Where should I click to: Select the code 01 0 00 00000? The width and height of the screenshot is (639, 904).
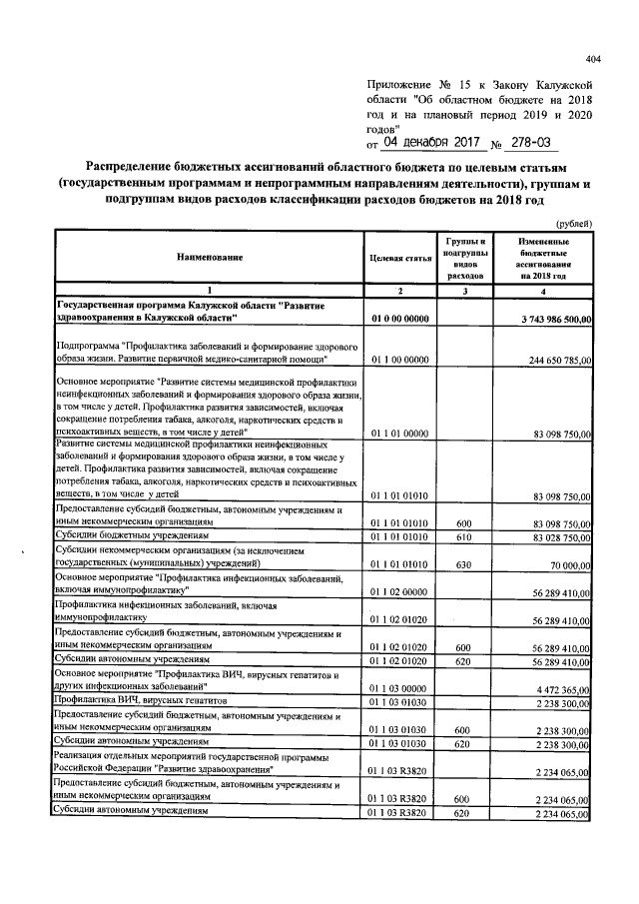(399, 318)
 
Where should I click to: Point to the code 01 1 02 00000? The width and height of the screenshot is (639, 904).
(399, 592)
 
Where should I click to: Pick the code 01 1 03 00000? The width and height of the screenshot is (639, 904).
(399, 688)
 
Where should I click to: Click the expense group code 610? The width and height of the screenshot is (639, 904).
(463, 537)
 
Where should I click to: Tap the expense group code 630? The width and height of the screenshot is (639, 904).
(463, 564)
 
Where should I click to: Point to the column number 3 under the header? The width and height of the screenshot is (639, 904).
(463, 291)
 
